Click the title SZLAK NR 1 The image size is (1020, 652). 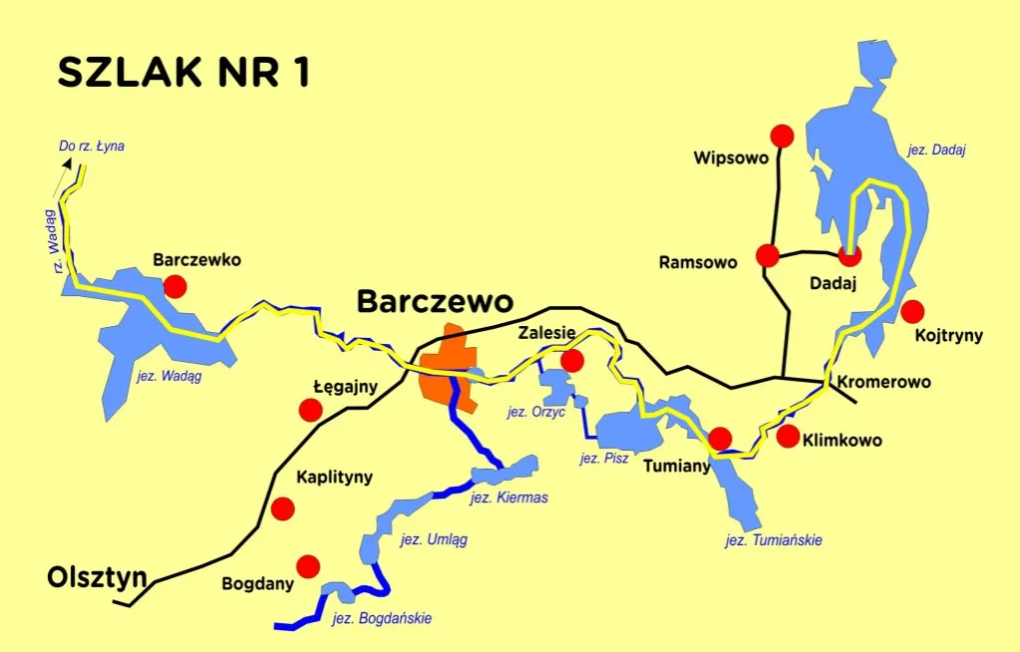[x=183, y=73]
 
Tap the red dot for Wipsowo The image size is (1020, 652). [x=782, y=136]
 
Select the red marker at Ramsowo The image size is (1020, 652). [x=767, y=255]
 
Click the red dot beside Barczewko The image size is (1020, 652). [x=175, y=287]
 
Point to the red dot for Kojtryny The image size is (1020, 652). [x=911, y=310]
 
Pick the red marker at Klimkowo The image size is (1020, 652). [x=788, y=436]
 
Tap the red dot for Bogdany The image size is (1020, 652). [x=308, y=566]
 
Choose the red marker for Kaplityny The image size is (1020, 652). [x=283, y=508]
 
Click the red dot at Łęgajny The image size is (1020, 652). [x=311, y=409]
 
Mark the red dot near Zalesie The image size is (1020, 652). [x=572, y=360]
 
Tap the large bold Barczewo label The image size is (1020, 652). [x=435, y=301]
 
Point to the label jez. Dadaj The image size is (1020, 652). [x=937, y=151]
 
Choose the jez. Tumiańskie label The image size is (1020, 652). [x=774, y=540]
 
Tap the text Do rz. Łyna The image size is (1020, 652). [x=92, y=146]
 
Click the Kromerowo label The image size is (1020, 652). [x=883, y=382]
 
